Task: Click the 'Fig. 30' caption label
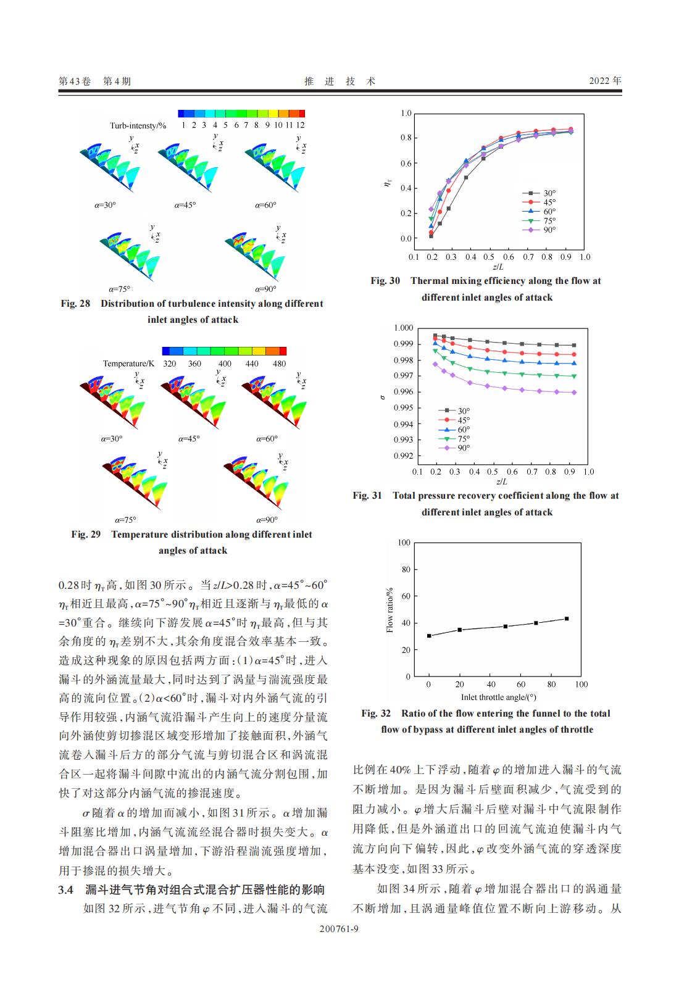point(385,281)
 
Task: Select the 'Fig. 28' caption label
point(75,304)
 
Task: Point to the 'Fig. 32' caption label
point(376,714)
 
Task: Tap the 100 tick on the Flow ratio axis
point(404,543)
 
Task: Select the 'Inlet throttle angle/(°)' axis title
point(498,697)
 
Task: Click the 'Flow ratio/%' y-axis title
point(390,610)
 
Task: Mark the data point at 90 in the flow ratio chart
point(567,618)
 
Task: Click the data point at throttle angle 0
point(429,636)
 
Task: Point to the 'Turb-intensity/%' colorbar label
point(138,125)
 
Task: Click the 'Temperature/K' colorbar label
point(128,364)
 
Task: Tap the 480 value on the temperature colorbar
point(280,364)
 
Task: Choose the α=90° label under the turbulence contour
point(265,289)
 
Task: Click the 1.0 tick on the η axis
point(406,114)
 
